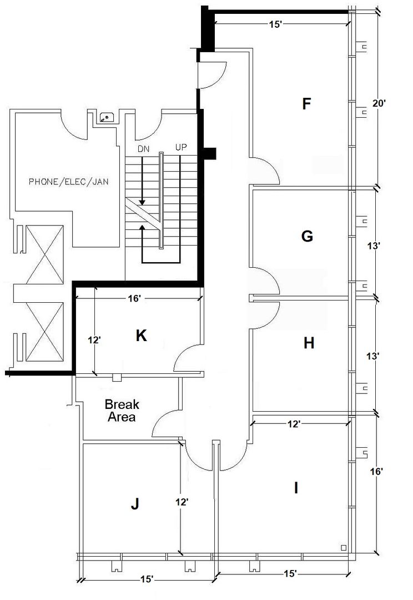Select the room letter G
point(306,237)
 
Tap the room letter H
point(309,343)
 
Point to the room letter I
point(296,488)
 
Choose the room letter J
point(134,504)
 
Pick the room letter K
point(142,336)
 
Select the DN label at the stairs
point(143,148)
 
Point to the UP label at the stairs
point(180,148)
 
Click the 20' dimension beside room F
point(380,103)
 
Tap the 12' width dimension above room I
point(294,424)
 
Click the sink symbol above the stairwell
point(106,117)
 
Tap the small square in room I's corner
point(344,548)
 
